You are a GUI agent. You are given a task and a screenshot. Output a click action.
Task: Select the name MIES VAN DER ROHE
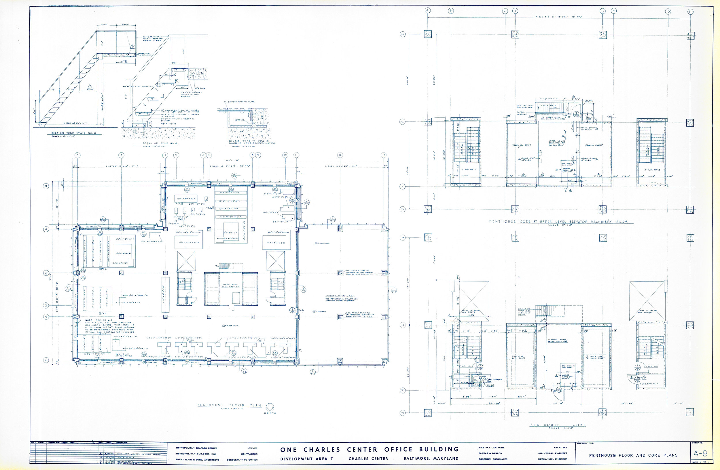[x=491, y=447]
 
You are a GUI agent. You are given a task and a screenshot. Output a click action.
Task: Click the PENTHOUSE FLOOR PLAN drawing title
[x=229, y=405]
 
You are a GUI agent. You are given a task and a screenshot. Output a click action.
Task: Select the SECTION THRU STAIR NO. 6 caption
[x=73, y=133]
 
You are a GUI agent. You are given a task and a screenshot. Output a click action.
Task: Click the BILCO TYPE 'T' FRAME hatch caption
[x=252, y=142]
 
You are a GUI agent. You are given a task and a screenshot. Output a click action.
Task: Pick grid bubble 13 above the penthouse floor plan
[x=384, y=155]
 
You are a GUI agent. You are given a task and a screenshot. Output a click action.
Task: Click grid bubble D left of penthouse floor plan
[x=46, y=187]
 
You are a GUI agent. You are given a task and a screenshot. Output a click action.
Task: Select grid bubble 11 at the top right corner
[x=690, y=12]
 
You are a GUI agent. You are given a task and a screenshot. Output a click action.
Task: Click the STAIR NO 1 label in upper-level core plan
[x=469, y=170]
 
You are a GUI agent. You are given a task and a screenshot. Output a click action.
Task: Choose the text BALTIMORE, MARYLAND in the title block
[x=431, y=458]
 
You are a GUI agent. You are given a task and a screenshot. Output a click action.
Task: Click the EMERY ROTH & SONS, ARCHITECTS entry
[x=197, y=460]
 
